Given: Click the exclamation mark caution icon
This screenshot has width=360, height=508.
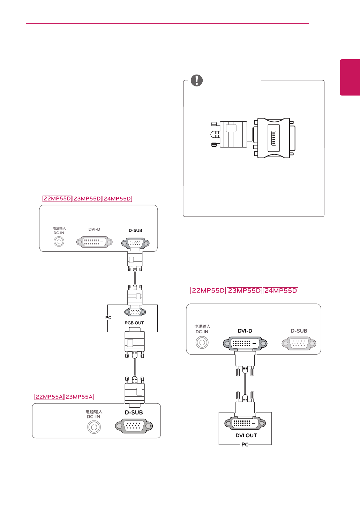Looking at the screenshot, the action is [x=197, y=80].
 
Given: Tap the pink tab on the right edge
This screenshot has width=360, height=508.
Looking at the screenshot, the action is [x=350, y=77].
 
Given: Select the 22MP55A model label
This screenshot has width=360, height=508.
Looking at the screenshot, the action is [x=49, y=397].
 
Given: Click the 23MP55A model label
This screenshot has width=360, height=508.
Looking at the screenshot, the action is [x=79, y=397].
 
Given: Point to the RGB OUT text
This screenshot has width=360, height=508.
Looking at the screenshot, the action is [x=134, y=323].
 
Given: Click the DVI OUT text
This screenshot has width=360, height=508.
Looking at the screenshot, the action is [x=246, y=435].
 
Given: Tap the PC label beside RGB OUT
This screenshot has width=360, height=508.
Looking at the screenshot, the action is [x=108, y=318].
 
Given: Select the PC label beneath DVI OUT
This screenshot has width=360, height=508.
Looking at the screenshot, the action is [x=245, y=445].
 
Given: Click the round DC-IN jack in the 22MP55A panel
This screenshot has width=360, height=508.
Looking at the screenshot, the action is [x=94, y=427].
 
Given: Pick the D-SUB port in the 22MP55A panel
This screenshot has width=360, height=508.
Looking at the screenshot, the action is [x=134, y=426].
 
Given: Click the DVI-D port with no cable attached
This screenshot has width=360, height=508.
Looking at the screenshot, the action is [x=95, y=242].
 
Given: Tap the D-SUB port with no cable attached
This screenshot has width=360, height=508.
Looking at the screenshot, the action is [x=299, y=343].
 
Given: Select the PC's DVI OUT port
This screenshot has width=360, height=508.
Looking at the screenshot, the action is [x=245, y=423].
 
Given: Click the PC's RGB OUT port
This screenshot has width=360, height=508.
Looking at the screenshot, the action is [x=135, y=312].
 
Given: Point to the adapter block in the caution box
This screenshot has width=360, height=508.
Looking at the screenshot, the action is [x=274, y=138].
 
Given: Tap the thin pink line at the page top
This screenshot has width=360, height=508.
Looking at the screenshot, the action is [x=167, y=23].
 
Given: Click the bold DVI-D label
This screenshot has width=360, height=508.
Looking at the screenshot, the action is [x=245, y=331].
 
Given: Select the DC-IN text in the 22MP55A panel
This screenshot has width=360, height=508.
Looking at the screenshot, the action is [x=93, y=417].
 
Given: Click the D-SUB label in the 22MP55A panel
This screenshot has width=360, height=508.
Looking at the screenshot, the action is [x=134, y=412].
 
